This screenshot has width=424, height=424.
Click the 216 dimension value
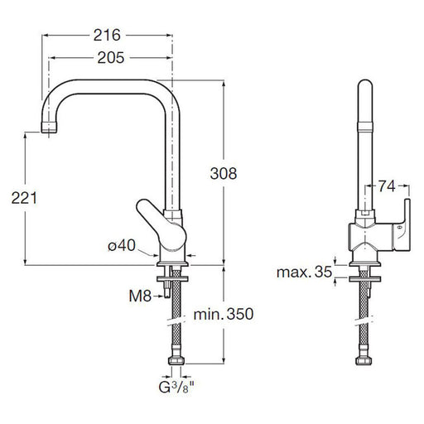tap(107, 36)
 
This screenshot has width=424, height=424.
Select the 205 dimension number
tap(111, 58)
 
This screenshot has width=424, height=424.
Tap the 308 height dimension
tap(224, 174)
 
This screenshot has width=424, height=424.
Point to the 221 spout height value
tap(24, 198)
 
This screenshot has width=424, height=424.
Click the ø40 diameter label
tap(122, 245)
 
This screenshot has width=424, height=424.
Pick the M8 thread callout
tap(140, 296)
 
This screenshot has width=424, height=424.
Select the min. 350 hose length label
tap(224, 314)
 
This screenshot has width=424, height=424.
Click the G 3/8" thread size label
tap(176, 387)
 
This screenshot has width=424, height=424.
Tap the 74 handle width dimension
tap(387, 186)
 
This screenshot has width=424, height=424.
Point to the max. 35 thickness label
tap(304, 272)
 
